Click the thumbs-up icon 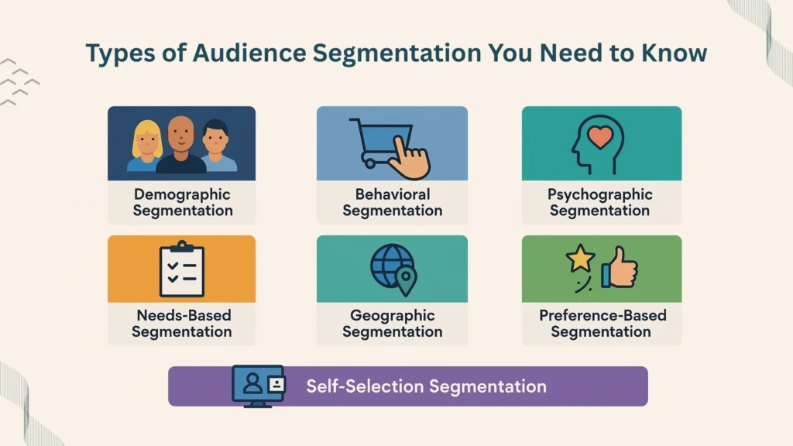point(620,268)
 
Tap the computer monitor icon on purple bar point(259,385)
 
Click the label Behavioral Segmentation point(392,202)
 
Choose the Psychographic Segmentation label point(600,202)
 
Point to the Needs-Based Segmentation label point(181,324)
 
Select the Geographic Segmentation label point(392,324)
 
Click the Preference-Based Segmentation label point(602,324)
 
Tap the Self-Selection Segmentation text point(426,386)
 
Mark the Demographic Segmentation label point(181,202)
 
